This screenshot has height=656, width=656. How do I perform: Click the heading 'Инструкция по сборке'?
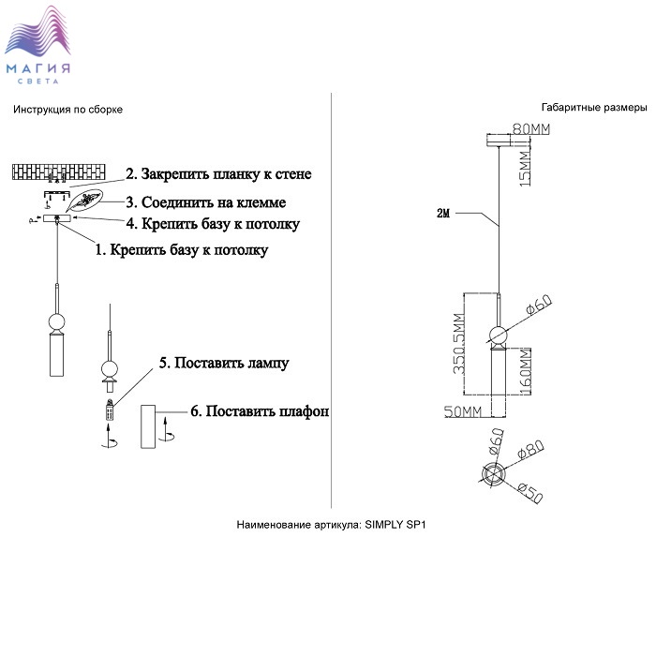pyautogui.click(x=67, y=110)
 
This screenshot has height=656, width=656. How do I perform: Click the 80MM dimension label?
pyautogui.click(x=531, y=129)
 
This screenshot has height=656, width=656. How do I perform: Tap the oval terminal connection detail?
pyautogui.click(x=89, y=200)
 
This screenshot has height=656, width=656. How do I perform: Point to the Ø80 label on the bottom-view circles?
pyautogui.click(x=530, y=452)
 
